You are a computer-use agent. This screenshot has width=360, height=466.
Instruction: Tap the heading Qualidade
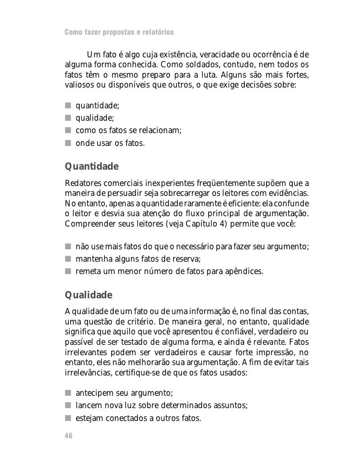89,296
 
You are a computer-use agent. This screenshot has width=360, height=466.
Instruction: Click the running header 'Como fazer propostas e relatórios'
119,33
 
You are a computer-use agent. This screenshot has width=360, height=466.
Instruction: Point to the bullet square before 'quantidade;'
67,105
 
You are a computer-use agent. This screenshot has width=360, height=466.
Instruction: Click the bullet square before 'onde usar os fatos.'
67,144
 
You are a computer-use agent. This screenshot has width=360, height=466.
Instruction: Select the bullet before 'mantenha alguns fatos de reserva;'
67,259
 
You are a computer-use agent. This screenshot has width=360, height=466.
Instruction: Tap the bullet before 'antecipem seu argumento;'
67,393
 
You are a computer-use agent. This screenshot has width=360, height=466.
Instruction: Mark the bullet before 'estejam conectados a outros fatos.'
67,419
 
